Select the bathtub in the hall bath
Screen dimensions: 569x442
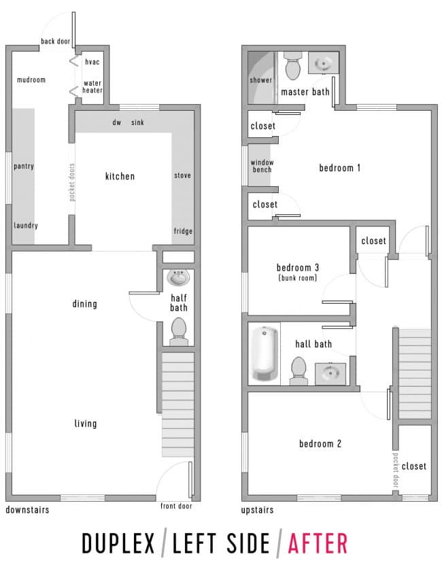tap(265, 354)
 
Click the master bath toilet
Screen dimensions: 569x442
tap(293, 65)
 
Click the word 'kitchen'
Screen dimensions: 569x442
tap(120, 177)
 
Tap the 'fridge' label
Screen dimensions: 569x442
tap(182, 231)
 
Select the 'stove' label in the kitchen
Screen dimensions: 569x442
tap(182, 176)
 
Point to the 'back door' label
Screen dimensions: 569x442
tap(56, 41)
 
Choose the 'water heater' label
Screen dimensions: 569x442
tap(92, 87)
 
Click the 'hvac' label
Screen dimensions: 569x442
tap(92, 63)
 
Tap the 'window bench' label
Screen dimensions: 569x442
tap(262, 166)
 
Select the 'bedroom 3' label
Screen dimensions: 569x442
tap(298, 267)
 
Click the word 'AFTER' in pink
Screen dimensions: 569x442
tap(318, 544)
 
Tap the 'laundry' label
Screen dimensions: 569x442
tap(26, 226)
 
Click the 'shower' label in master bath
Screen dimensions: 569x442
tap(260, 80)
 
